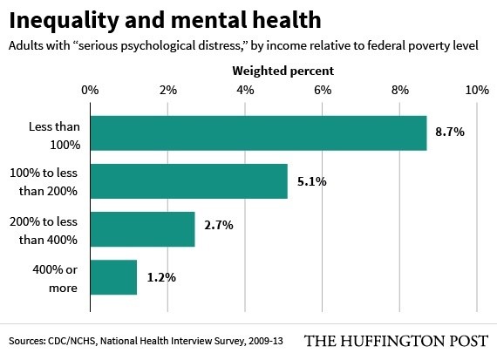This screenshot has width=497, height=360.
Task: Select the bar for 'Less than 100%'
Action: tap(257, 132)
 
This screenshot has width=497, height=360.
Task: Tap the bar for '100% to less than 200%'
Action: tap(187, 180)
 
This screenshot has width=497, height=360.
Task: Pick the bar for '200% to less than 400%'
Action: tap(141, 228)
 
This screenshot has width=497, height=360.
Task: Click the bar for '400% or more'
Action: tap(112, 277)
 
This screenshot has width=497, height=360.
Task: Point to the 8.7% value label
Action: tap(450, 132)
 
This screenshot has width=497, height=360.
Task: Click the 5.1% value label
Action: tap(310, 181)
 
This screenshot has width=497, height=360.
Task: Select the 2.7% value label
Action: tap(218, 229)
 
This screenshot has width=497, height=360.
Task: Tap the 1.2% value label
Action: tap(160, 277)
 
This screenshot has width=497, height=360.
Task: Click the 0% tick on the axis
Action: tap(89, 90)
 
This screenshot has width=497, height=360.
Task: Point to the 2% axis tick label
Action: tap(167, 90)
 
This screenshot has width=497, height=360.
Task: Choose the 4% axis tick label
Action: tap(244, 90)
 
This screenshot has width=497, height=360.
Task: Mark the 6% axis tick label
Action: tap(322, 90)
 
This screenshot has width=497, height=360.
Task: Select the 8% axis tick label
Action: tap(399, 90)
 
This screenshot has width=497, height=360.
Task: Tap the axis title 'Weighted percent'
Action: tap(283, 69)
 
